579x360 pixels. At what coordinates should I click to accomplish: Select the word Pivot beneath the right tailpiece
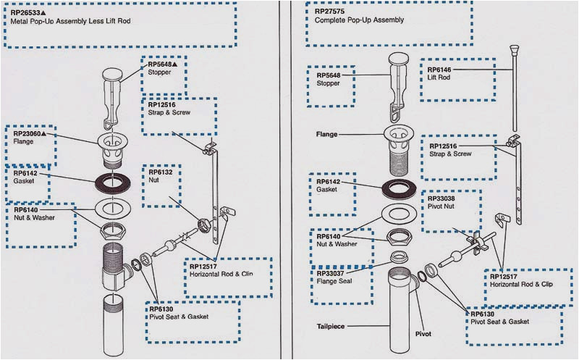pyautogui.click(x=423, y=335)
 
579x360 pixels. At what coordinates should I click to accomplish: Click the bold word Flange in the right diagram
pyautogui.click(x=327, y=134)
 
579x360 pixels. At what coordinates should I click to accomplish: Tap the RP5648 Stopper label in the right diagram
pyautogui.click(x=329, y=78)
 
